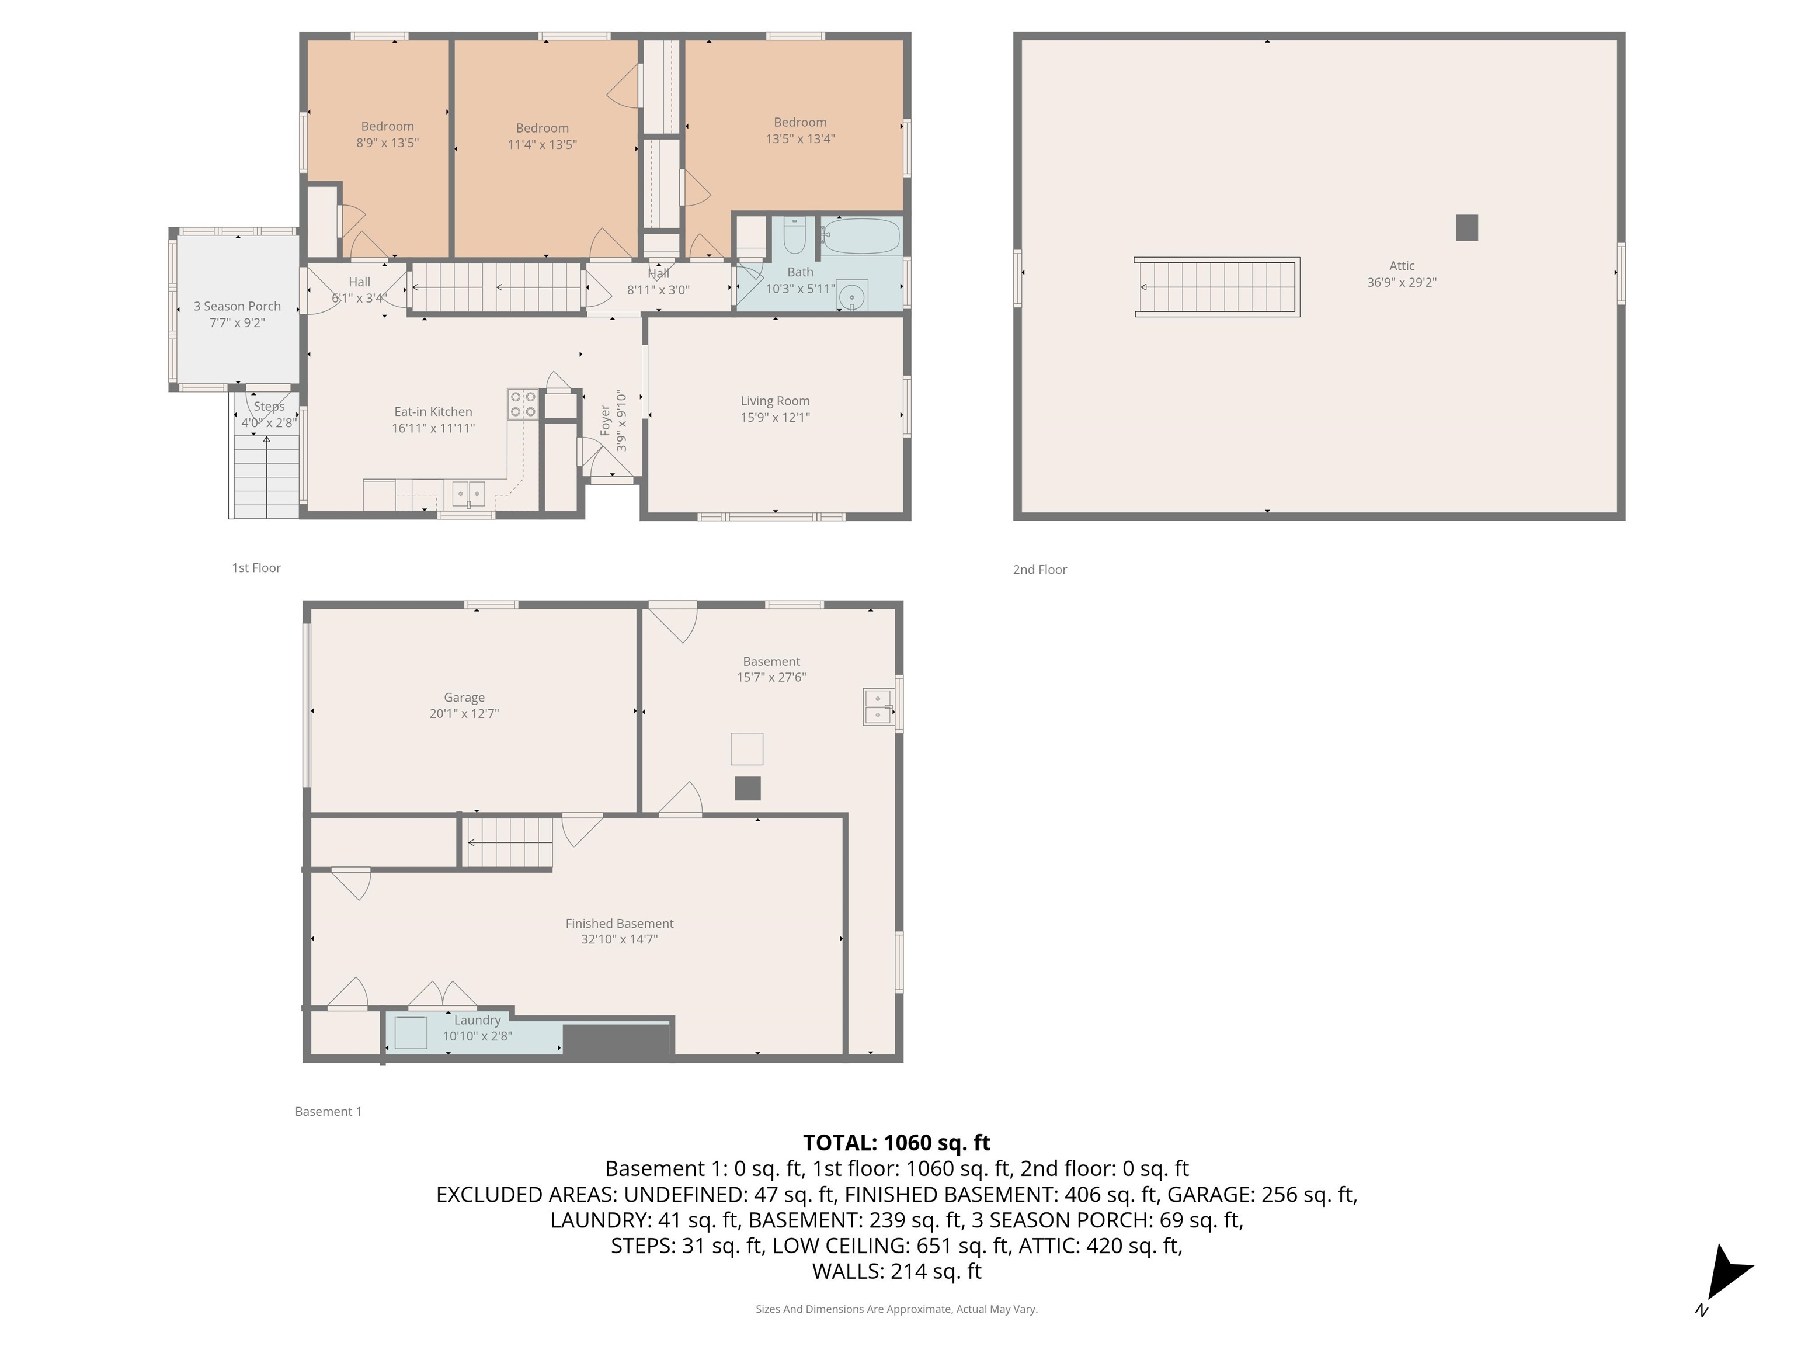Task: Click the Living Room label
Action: pyautogui.click(x=774, y=401)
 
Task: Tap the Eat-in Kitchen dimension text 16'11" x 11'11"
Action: pyautogui.click(x=433, y=428)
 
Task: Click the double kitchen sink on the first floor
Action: pyautogui.click(x=468, y=493)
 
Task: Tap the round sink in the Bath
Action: pyautogui.click(x=851, y=296)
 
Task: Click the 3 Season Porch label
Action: pyautogui.click(x=237, y=306)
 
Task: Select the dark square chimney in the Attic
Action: pyautogui.click(x=1466, y=228)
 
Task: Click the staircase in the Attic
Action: pyautogui.click(x=1216, y=287)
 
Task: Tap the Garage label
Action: pyautogui.click(x=464, y=698)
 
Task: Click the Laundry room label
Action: pyautogui.click(x=477, y=1020)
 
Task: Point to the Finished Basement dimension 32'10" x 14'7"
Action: pyautogui.click(x=619, y=939)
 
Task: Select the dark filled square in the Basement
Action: pyautogui.click(x=747, y=789)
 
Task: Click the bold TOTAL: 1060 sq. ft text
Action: pyautogui.click(x=896, y=1142)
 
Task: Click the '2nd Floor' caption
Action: pyautogui.click(x=1039, y=570)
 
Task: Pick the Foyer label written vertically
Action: pyautogui.click(x=605, y=420)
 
